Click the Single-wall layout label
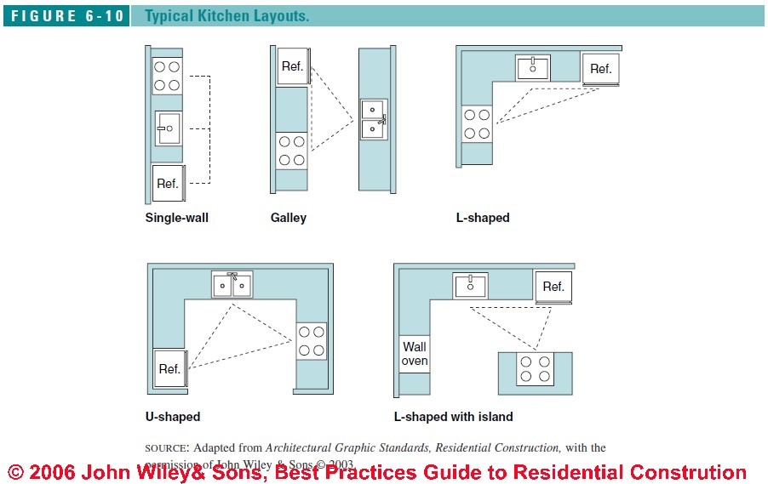pos(176,218)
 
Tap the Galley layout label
pos(288,218)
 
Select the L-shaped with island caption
pos(453,417)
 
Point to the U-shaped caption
pos(173,417)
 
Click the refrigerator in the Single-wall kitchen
pos(167,183)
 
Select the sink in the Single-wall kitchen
pos(168,128)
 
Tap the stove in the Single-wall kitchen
pos(167,76)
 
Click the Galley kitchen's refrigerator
pos(292,66)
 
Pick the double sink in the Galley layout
pos(373,120)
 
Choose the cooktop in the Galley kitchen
pos(292,151)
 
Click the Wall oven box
pos(415,354)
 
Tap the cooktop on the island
pos(535,369)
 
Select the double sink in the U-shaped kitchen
pos(232,285)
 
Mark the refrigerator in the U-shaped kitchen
pos(169,369)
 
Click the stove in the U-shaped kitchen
pos(311,340)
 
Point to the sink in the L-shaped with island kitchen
pos(469,286)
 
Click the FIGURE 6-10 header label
pos(66,16)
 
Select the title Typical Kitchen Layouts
pos(226,16)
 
